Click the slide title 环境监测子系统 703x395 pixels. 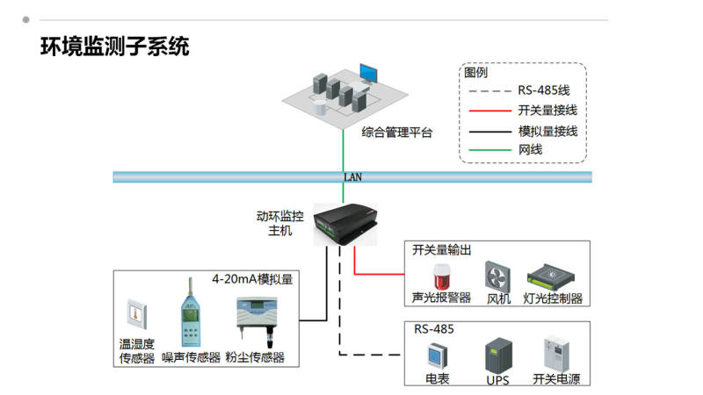[115, 47]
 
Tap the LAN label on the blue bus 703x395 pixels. [351, 176]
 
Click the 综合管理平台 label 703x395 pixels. [397, 133]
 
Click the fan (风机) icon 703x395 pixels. [498, 276]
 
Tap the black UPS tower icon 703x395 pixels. [497, 356]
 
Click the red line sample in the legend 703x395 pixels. [489, 111]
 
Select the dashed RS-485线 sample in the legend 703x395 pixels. [489, 90]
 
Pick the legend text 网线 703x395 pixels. [531, 150]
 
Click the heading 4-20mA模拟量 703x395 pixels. [252, 280]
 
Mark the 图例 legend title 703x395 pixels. [476, 73]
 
